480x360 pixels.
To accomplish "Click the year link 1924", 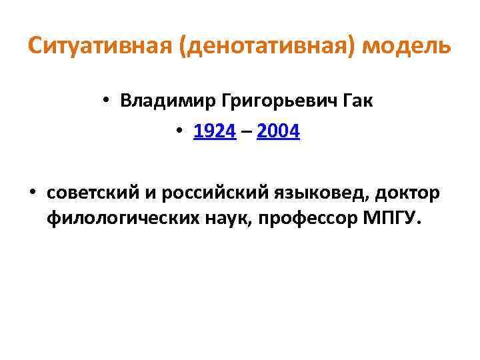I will (215, 132).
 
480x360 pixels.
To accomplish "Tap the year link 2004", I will (278, 132).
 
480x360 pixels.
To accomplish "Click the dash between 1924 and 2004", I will (246, 133).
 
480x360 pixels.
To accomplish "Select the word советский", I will (91, 193).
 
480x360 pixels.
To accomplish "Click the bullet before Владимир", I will (107, 101).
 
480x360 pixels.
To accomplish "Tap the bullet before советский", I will (33, 194).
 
